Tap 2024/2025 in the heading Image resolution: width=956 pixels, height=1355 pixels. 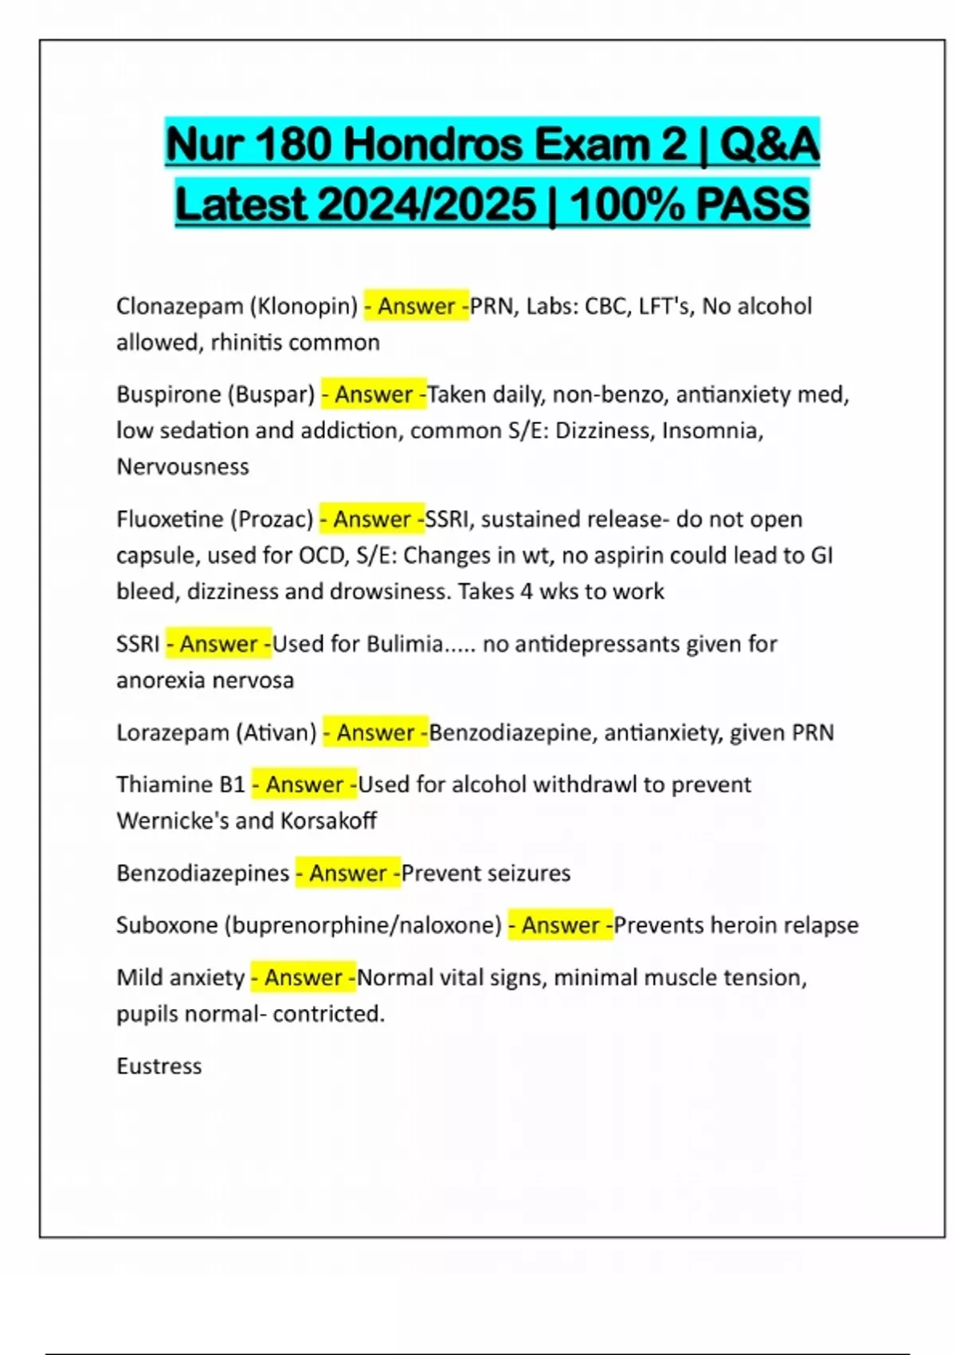click(427, 204)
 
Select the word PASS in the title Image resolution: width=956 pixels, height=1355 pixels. click(752, 204)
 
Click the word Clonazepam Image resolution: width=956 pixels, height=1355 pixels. click(180, 306)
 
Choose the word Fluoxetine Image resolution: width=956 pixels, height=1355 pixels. click(170, 520)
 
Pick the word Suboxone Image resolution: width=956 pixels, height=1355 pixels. click(167, 925)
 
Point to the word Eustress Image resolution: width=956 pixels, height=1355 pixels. click(159, 1066)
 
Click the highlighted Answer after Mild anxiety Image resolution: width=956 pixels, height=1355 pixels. click(304, 978)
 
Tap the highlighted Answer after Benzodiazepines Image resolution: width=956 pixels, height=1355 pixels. click(348, 874)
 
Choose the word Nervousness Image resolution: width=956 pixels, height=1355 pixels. click(183, 467)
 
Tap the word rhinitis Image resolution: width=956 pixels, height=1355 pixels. click(246, 343)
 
